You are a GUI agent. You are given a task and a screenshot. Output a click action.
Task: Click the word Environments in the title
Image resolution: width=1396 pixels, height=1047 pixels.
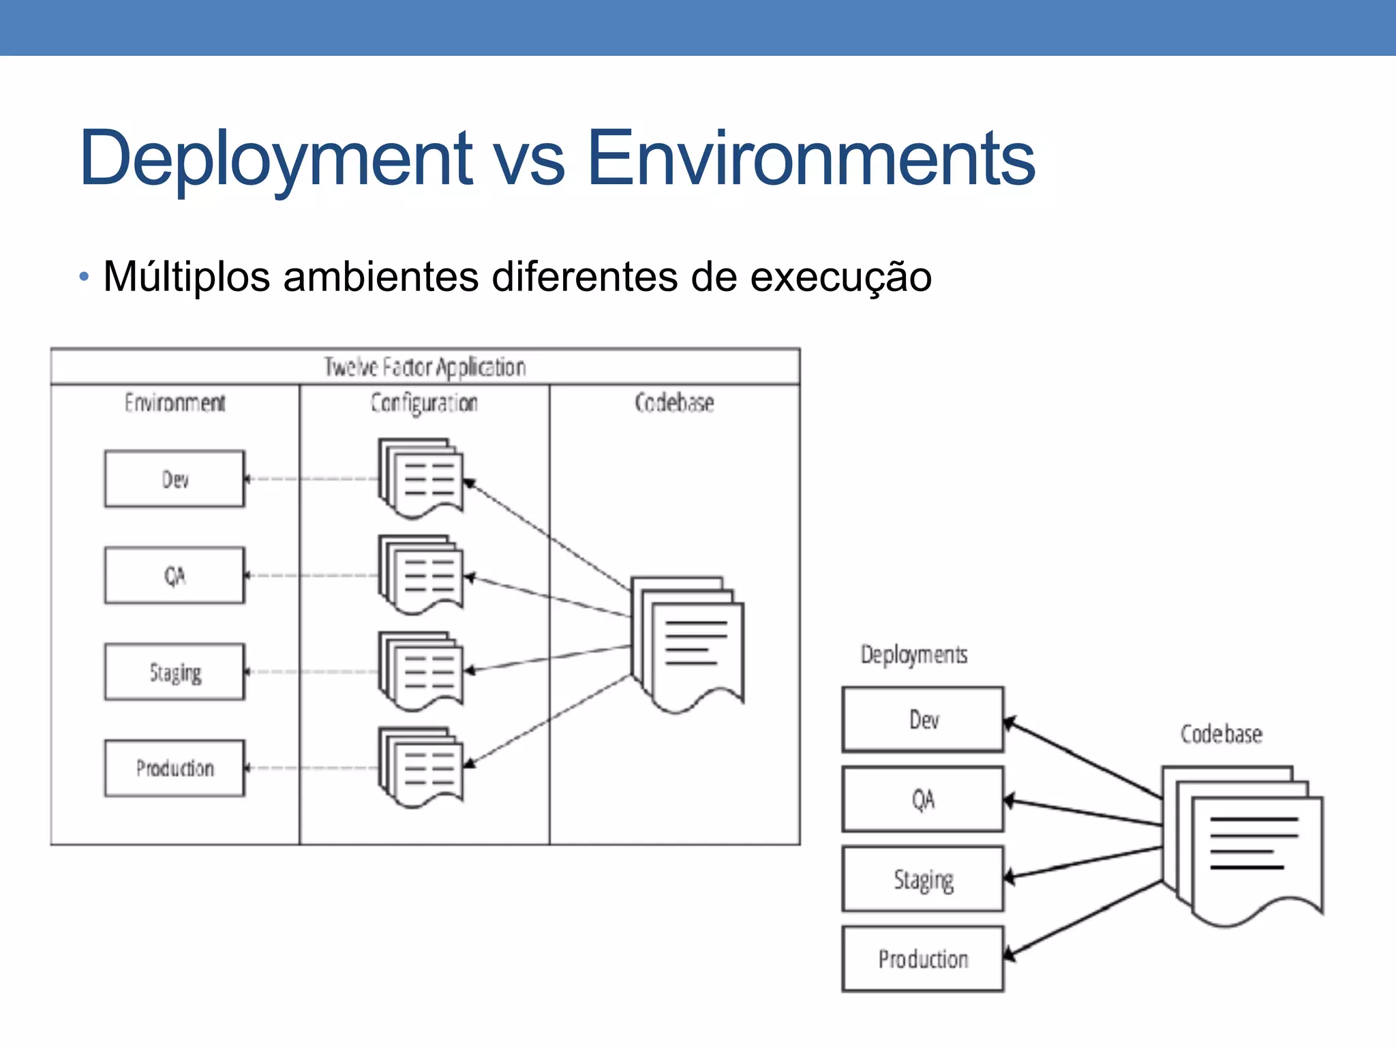810,158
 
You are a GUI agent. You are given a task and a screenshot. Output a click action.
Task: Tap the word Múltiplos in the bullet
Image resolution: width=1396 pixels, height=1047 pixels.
186,277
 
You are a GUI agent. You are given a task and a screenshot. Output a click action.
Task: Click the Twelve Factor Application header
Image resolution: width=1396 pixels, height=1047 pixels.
425,367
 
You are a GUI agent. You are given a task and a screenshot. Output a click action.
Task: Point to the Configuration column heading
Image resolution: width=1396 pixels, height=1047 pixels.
424,402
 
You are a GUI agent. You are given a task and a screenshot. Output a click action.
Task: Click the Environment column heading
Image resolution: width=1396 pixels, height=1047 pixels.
174,402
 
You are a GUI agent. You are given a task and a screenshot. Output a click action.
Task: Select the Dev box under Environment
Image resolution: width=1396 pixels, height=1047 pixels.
174,479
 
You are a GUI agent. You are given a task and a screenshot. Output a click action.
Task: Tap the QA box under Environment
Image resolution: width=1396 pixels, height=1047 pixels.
174,575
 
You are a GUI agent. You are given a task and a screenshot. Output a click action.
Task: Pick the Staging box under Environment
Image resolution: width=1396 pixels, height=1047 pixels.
174,672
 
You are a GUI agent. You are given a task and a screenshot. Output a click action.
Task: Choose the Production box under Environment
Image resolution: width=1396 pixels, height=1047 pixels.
174,768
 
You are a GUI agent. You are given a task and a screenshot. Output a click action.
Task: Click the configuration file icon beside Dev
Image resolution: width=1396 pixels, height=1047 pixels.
421,478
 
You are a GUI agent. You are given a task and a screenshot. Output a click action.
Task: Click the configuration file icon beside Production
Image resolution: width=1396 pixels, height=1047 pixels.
421,767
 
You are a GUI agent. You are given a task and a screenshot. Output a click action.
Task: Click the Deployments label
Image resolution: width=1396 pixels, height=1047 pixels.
913,654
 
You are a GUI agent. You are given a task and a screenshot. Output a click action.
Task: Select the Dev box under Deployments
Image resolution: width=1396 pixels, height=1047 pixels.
923,720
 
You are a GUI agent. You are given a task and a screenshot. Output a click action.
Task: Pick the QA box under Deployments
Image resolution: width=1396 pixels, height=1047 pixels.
923,799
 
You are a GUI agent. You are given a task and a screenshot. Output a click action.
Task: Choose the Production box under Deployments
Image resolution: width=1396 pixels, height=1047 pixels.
923,959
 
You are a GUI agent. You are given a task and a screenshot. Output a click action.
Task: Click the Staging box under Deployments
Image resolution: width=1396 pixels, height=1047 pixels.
923,879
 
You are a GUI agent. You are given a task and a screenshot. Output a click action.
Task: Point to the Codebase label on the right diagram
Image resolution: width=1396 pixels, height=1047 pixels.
1221,734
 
